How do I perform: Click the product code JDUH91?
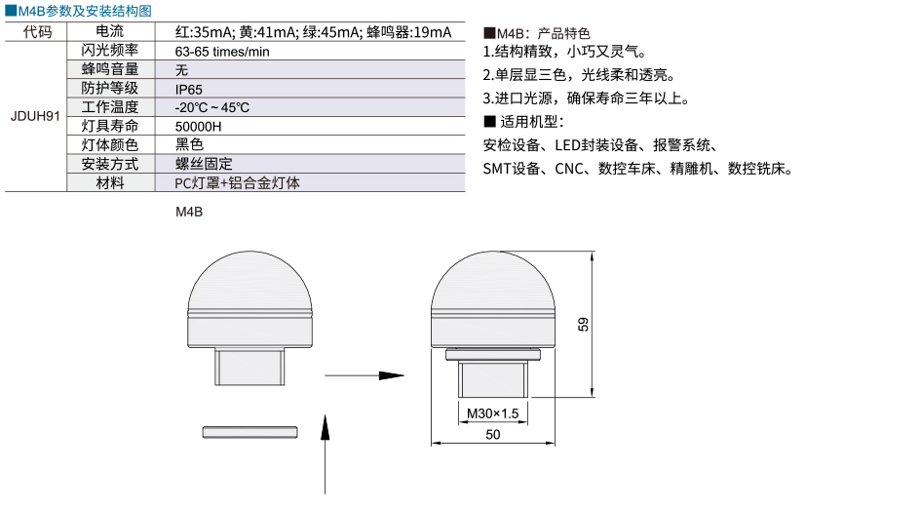pyautogui.click(x=35, y=116)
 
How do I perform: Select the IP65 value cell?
pyautogui.click(x=188, y=90)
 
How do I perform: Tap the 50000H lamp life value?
pyautogui.click(x=198, y=127)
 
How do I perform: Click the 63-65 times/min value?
pyautogui.click(x=222, y=52)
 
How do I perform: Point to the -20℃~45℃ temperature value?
pyautogui.click(x=212, y=107)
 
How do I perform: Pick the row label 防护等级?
pyautogui.click(x=110, y=88)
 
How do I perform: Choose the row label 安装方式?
pyautogui.click(x=110, y=164)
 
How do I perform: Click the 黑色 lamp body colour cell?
pyautogui.click(x=189, y=144)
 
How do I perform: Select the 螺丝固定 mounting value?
pyautogui.click(x=204, y=164)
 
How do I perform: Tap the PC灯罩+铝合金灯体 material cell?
pyautogui.click(x=237, y=182)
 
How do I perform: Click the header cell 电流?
pyautogui.click(x=110, y=31)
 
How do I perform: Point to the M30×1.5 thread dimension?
pyautogui.click(x=493, y=413)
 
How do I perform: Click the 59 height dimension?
pyautogui.click(x=583, y=325)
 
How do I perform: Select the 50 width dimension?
pyautogui.click(x=493, y=434)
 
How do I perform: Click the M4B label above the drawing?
pyautogui.click(x=189, y=212)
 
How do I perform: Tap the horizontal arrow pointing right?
pyautogui.click(x=365, y=375)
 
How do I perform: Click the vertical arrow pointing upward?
pyautogui.click(x=325, y=453)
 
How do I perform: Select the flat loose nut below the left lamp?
pyautogui.click(x=249, y=433)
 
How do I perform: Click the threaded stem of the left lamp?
pyautogui.click(x=249, y=367)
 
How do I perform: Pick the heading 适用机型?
pyautogui.click(x=524, y=122)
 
